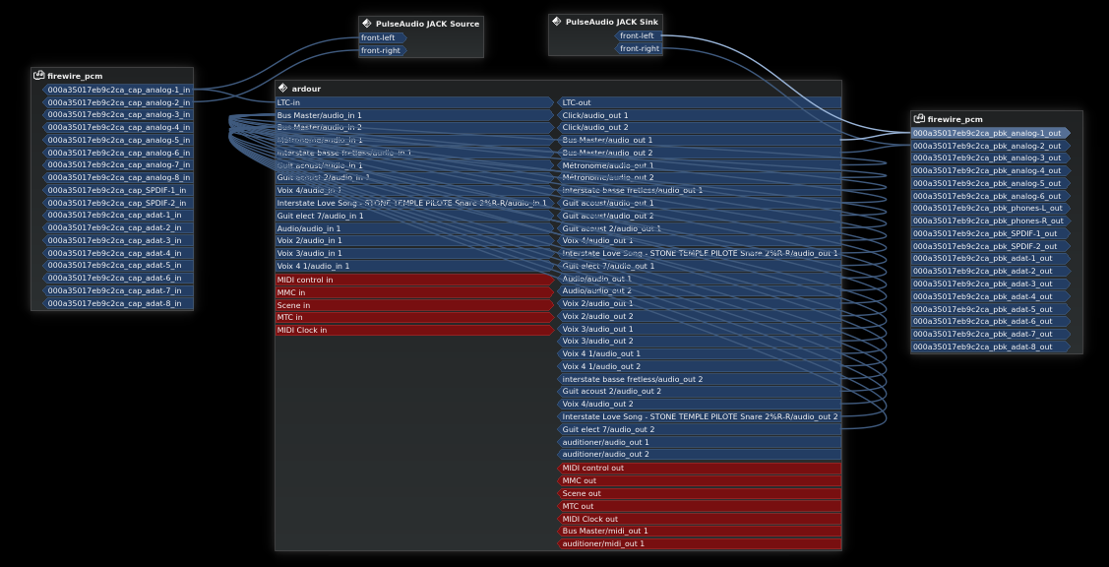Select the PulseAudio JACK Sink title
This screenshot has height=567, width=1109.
(612, 22)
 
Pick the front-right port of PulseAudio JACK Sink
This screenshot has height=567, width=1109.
(640, 48)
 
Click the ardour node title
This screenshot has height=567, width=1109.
(306, 89)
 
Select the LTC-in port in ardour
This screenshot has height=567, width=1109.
(413, 102)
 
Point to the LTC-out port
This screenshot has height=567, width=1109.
(699, 102)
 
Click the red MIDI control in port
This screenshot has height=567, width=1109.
(413, 280)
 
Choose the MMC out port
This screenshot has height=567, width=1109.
(699, 480)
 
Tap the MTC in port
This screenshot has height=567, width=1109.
(413, 317)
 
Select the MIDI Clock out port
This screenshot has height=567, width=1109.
(699, 519)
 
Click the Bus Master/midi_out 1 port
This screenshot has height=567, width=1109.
(699, 531)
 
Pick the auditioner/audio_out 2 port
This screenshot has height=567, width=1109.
(699, 454)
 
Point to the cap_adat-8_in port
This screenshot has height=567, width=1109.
(116, 303)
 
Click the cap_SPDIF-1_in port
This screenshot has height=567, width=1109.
(116, 190)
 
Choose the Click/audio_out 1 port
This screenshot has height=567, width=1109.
(699, 115)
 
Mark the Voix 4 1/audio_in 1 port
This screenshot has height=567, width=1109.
(413, 266)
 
